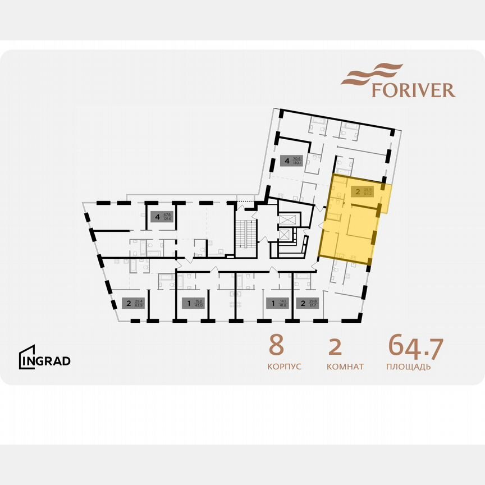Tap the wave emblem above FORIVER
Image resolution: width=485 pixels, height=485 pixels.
(x=372, y=74)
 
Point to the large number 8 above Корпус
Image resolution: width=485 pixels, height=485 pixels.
(x=276, y=346)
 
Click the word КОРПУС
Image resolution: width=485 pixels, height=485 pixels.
(x=285, y=367)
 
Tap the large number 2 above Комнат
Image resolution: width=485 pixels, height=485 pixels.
(x=335, y=346)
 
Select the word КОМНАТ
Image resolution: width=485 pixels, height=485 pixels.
(x=345, y=367)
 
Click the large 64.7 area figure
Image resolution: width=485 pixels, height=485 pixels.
(x=415, y=346)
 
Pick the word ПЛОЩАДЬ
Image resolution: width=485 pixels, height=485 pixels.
(x=408, y=367)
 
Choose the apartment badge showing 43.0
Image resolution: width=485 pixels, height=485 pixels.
(x=194, y=304)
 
